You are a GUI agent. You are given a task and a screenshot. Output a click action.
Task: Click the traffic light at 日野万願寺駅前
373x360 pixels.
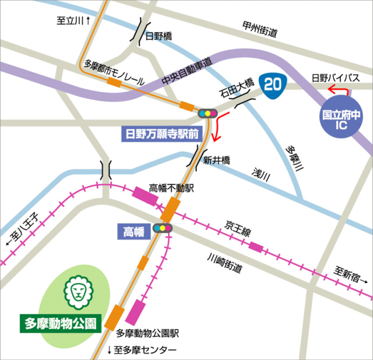click(x=207, y=113)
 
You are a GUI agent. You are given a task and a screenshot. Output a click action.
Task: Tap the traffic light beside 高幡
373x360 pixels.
click(x=163, y=228)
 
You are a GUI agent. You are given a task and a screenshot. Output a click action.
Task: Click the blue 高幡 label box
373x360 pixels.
click(x=134, y=229)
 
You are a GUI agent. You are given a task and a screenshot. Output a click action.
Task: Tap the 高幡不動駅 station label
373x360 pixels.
click(x=171, y=187)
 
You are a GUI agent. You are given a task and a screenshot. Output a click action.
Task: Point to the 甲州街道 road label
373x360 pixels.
click(x=260, y=29)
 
